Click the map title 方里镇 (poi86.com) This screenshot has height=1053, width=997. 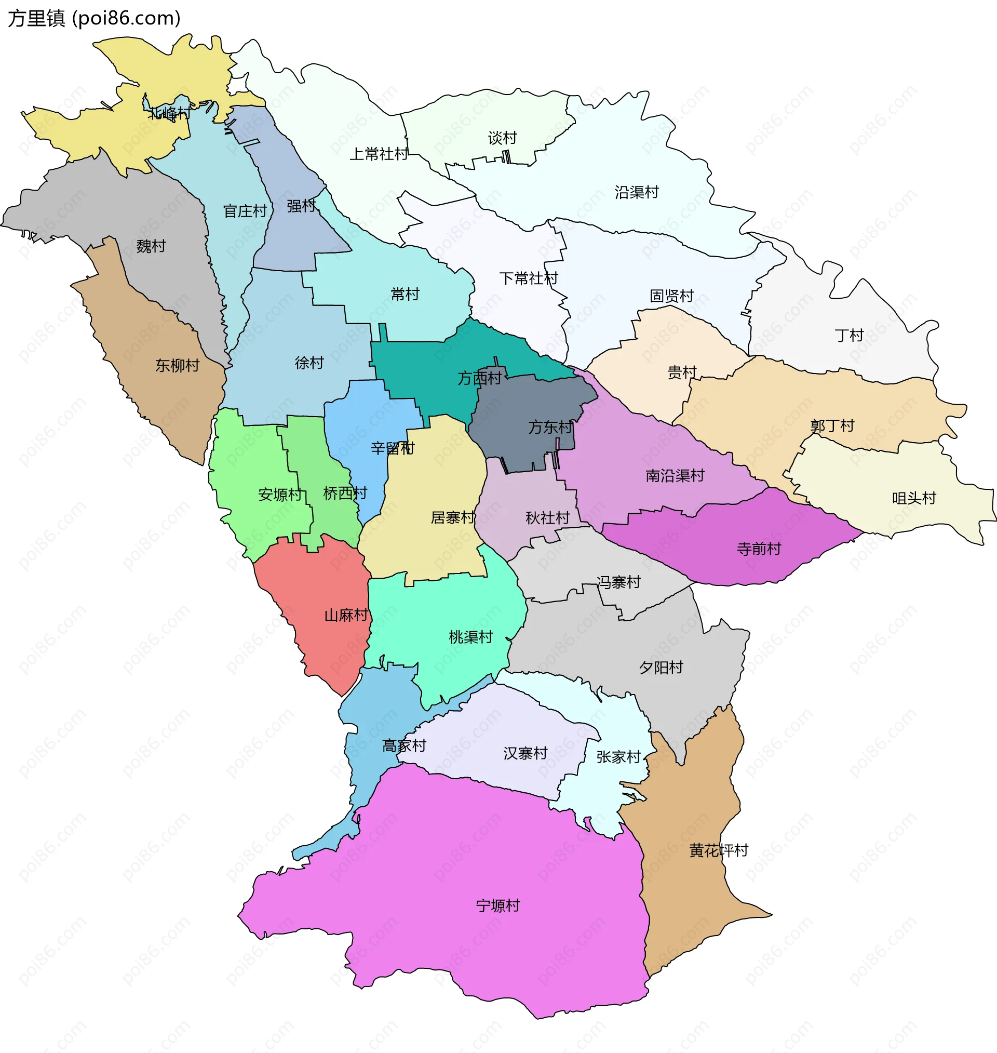[x=94, y=18]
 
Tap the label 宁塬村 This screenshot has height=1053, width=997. [x=497, y=905]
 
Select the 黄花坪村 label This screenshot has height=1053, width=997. [x=719, y=850]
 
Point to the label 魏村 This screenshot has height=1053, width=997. [x=151, y=246]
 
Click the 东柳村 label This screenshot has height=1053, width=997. [x=177, y=365]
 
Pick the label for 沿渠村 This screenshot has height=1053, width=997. [x=637, y=192]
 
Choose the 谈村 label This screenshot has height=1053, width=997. [x=502, y=138]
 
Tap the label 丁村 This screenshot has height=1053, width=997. [x=848, y=336]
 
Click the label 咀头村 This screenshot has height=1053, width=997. [x=913, y=498]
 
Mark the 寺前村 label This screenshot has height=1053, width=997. [x=759, y=549]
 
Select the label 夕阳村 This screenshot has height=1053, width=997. [x=661, y=667]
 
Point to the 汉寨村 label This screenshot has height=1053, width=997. [x=525, y=753]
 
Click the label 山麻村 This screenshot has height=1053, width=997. [x=346, y=615]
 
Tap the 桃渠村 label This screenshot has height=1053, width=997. [x=471, y=637]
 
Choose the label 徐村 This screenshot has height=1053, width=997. [x=309, y=363]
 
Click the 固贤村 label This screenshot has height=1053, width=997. [x=672, y=296]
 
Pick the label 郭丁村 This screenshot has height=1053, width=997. [x=832, y=426]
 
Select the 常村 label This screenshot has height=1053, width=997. [x=405, y=294]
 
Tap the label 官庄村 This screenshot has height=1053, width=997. [x=245, y=211]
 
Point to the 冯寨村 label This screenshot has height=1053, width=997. [x=618, y=582]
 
